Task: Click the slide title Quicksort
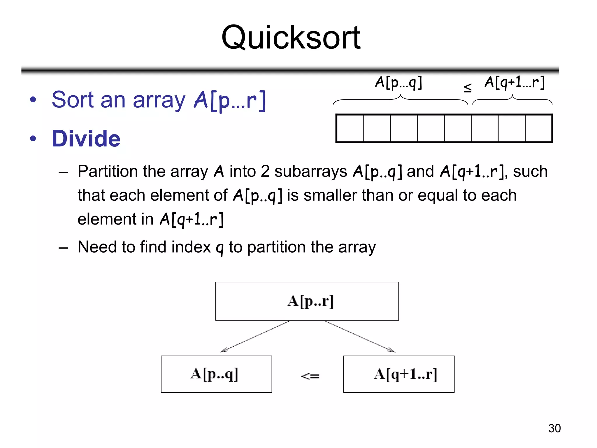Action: tap(291, 38)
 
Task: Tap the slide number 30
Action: tap(554, 428)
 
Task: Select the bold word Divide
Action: tap(86, 139)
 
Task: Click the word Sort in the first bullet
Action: tap(72, 100)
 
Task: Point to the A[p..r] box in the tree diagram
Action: tap(307, 301)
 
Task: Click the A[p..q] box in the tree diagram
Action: tap(216, 374)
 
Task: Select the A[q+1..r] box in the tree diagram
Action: tap(398, 374)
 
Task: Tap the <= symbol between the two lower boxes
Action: tap(310, 376)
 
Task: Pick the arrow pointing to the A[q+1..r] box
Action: tap(360, 337)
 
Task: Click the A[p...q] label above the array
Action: tap(398, 83)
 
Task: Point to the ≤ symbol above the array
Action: tap(468, 87)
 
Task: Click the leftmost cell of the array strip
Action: tap(350, 128)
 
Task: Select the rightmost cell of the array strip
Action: tap(538, 128)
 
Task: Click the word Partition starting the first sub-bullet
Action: tap(107, 171)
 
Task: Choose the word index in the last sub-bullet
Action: tap(191, 247)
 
